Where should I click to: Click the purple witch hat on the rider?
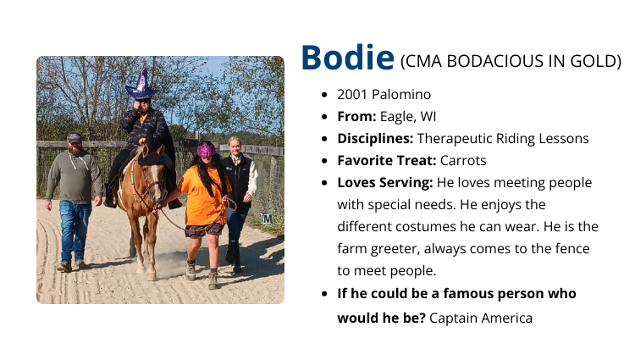tap(141, 85)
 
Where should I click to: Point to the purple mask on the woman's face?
tap(205, 151)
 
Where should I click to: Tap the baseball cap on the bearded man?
tap(75, 136)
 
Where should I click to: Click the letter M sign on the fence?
tap(266, 218)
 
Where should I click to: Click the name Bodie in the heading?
tap(347, 58)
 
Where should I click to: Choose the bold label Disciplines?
tap(375, 138)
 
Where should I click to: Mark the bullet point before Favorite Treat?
tap(327, 160)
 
